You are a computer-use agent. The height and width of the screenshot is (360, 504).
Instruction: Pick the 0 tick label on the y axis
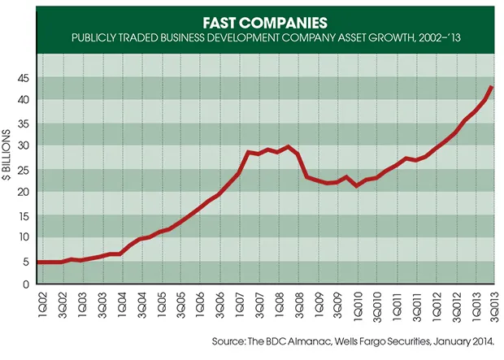click(28, 284)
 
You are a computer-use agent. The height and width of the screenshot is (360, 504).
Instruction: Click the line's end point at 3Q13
click(491, 87)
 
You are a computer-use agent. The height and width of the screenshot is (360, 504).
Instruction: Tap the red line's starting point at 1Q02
click(39, 262)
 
